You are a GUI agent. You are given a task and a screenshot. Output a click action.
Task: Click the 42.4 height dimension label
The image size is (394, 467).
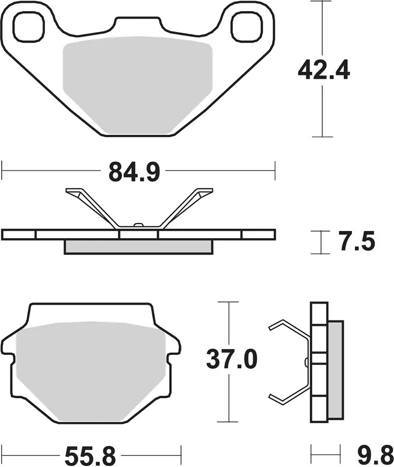[324, 70]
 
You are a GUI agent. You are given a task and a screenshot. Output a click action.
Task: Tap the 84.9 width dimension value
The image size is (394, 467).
[134, 172]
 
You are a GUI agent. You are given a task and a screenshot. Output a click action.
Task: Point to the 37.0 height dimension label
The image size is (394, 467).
[232, 360]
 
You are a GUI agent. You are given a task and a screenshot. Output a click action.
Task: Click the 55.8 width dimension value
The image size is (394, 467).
[90, 456]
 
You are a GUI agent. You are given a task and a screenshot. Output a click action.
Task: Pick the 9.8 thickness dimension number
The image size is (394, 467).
[375, 456]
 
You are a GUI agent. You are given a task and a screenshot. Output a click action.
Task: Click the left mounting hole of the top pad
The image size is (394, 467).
[29, 27]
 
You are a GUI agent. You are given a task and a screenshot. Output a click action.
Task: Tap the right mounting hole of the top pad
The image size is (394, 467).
[247, 27]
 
